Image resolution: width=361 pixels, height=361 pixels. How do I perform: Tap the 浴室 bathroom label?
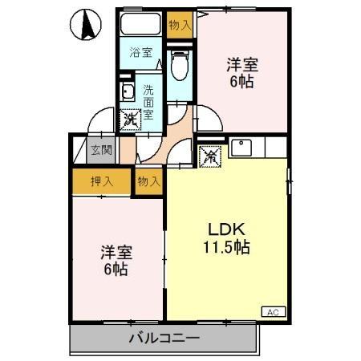click(x=142, y=54)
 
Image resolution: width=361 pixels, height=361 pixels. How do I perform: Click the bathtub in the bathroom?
click(x=142, y=25)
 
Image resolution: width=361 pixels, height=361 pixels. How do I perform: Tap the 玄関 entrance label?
click(x=99, y=150)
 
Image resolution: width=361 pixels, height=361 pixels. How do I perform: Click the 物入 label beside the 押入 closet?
click(x=149, y=180)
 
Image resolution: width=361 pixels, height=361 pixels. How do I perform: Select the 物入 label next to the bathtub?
click(x=180, y=25)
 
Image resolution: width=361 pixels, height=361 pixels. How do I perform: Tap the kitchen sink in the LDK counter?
click(x=241, y=148)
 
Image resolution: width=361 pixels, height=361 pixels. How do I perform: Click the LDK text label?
click(x=224, y=227)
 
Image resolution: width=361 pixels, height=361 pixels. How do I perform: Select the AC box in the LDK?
click(x=271, y=310)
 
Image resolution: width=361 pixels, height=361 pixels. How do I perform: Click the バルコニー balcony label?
click(x=164, y=338)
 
